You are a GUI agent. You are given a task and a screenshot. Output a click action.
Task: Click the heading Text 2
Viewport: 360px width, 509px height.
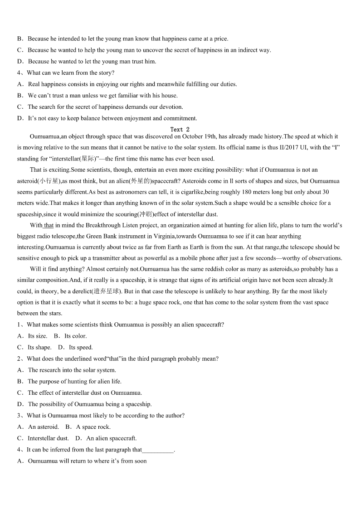point(180,130)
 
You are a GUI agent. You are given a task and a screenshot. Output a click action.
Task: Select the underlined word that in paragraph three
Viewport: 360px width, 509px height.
point(49,225)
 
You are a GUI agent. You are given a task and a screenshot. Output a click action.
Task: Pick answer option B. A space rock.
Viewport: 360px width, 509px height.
point(88,427)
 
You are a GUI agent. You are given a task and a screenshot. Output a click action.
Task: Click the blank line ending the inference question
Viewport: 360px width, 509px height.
point(158,450)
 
